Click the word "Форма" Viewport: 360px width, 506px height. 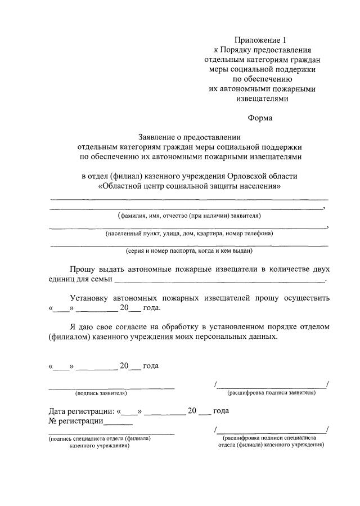pyautogui.click(x=260, y=118)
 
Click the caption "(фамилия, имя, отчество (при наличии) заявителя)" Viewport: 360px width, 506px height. pyautogui.click(x=189, y=216)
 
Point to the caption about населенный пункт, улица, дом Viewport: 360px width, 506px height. pyautogui.click(x=189, y=233)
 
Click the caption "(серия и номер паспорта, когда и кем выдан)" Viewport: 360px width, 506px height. pyautogui.click(x=189, y=251)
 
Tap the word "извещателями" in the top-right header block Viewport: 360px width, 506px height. pyautogui.click(x=260, y=98)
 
